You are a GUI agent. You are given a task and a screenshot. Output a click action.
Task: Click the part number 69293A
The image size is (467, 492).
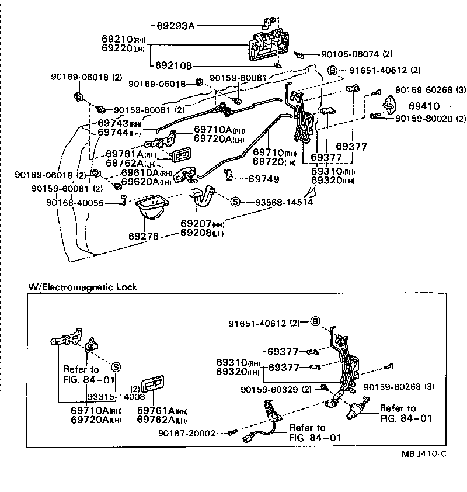176,26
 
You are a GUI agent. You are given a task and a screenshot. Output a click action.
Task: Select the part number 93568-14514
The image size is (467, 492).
284,202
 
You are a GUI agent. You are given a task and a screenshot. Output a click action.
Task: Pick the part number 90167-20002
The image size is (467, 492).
186,433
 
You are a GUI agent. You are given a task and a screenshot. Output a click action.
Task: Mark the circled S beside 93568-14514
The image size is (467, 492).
236,202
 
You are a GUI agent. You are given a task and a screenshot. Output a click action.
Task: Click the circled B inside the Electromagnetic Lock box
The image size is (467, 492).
315,322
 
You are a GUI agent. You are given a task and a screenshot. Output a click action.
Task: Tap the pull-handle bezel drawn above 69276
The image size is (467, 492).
151,207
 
